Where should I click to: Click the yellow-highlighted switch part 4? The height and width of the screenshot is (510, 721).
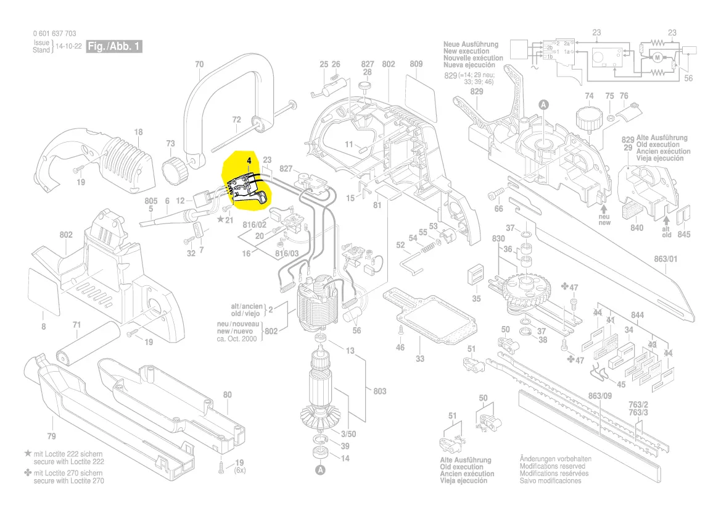[245, 185]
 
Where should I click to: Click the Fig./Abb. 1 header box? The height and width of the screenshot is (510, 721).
[115, 47]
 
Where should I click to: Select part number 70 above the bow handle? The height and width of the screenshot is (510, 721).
[199, 64]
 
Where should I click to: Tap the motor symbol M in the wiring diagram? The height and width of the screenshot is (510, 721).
[657, 58]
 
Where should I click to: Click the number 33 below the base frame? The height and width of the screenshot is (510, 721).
[420, 359]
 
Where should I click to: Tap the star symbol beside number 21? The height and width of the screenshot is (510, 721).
[220, 219]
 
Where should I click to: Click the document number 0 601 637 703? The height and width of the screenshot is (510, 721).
[55, 34]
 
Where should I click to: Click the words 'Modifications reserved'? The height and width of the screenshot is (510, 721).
[552, 467]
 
